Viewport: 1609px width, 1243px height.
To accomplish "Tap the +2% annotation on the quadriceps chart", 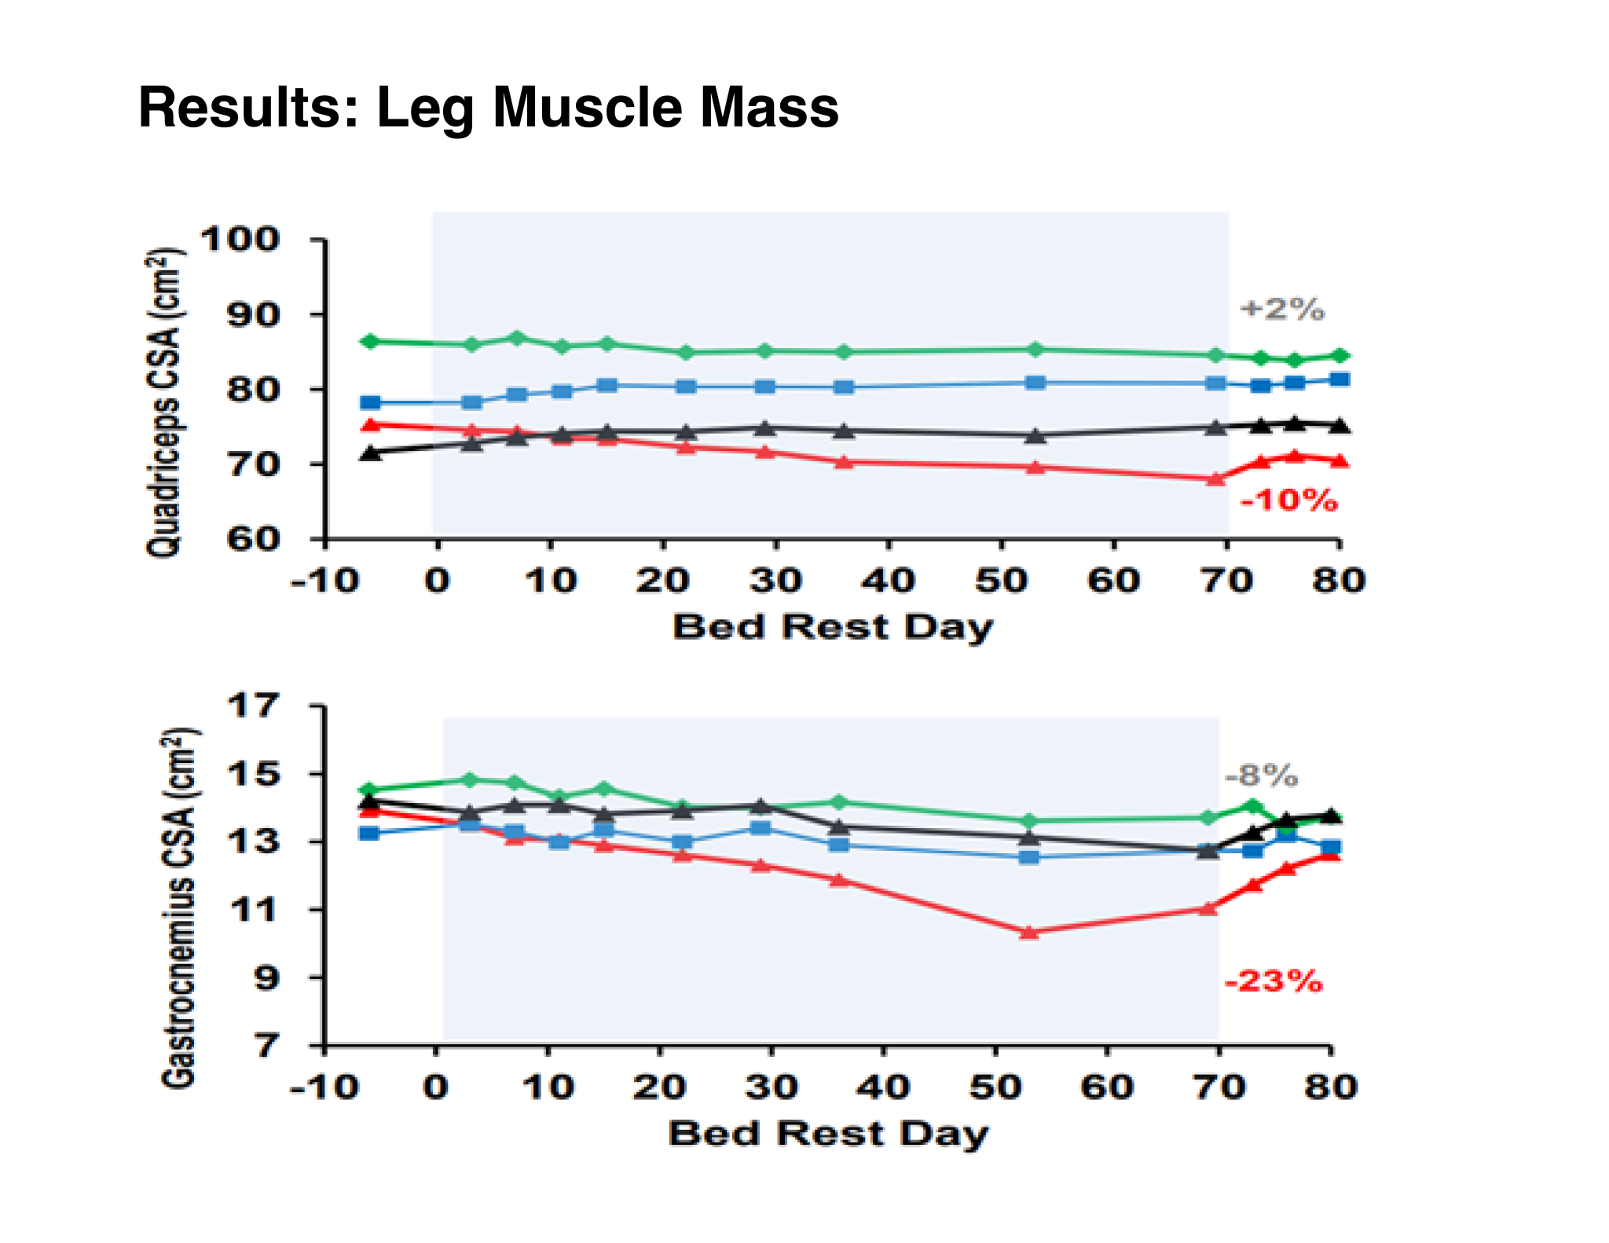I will coord(1282,309).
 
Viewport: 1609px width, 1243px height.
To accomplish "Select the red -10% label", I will coord(1288,500).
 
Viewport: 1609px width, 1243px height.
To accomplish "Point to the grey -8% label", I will coord(1261,776).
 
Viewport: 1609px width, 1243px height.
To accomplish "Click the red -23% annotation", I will coord(1274,981).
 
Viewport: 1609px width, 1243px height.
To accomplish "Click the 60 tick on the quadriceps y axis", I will coord(253,539).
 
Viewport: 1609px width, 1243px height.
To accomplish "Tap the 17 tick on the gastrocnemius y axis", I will coord(253,706).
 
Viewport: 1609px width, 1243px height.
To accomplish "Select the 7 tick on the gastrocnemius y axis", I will coord(265,1046).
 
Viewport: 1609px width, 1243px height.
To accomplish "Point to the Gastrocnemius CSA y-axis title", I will coord(178,908).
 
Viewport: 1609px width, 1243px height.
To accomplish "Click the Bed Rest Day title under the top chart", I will coord(833,628).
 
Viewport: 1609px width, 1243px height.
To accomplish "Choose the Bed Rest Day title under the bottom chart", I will coord(828,1135).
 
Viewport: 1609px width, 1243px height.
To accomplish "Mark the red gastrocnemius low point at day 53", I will coord(1029,933).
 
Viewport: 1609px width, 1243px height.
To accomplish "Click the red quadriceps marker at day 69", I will coord(1215,478).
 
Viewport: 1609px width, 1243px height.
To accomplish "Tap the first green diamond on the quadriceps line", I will coord(369,341).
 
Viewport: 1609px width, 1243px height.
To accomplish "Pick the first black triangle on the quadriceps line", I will coord(370,453).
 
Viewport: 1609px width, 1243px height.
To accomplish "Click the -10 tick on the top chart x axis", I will coord(324,581).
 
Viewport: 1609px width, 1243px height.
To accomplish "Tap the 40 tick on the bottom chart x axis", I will coord(883,1088).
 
